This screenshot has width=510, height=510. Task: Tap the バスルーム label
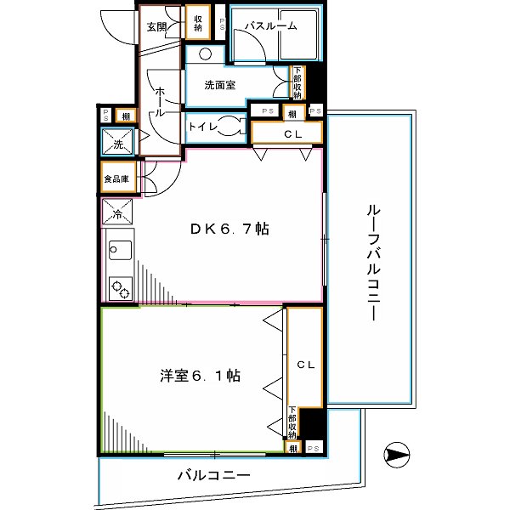[x=270, y=26]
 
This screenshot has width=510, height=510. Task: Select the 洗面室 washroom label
[x=220, y=85]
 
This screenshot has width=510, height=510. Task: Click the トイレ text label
[x=201, y=127]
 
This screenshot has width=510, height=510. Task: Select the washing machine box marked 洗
[x=116, y=143]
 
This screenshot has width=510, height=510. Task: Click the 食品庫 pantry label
[x=116, y=179]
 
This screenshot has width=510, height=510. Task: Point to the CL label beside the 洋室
[x=305, y=365]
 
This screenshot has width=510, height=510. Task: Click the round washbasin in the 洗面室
[x=207, y=54]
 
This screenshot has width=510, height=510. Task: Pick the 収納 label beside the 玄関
[x=197, y=24]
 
